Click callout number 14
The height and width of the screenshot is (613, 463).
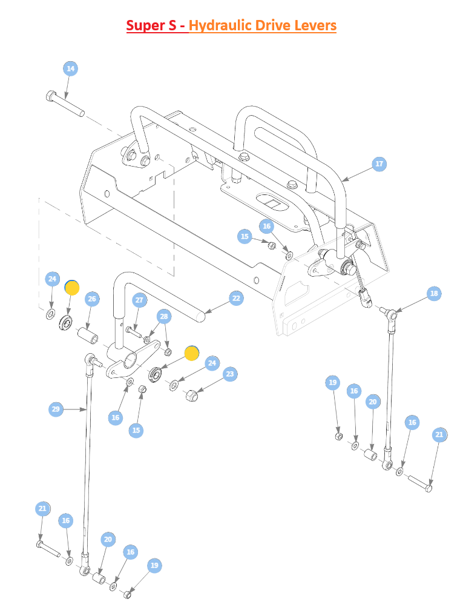70,69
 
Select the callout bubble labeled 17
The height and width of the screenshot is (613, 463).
379,164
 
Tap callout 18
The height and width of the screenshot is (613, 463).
434,294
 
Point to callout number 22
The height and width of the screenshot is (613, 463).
236,298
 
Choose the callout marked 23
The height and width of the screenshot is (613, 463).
230,374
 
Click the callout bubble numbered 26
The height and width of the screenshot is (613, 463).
92,299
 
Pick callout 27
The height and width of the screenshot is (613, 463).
139,300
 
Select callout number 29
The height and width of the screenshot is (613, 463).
56,409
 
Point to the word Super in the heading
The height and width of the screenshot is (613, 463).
145,26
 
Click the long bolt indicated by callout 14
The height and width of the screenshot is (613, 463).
65,104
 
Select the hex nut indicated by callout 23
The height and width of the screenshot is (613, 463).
191,396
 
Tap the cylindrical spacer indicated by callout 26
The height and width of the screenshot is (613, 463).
88,336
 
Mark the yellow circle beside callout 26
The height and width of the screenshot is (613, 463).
72,288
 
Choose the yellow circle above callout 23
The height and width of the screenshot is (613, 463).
191,353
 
